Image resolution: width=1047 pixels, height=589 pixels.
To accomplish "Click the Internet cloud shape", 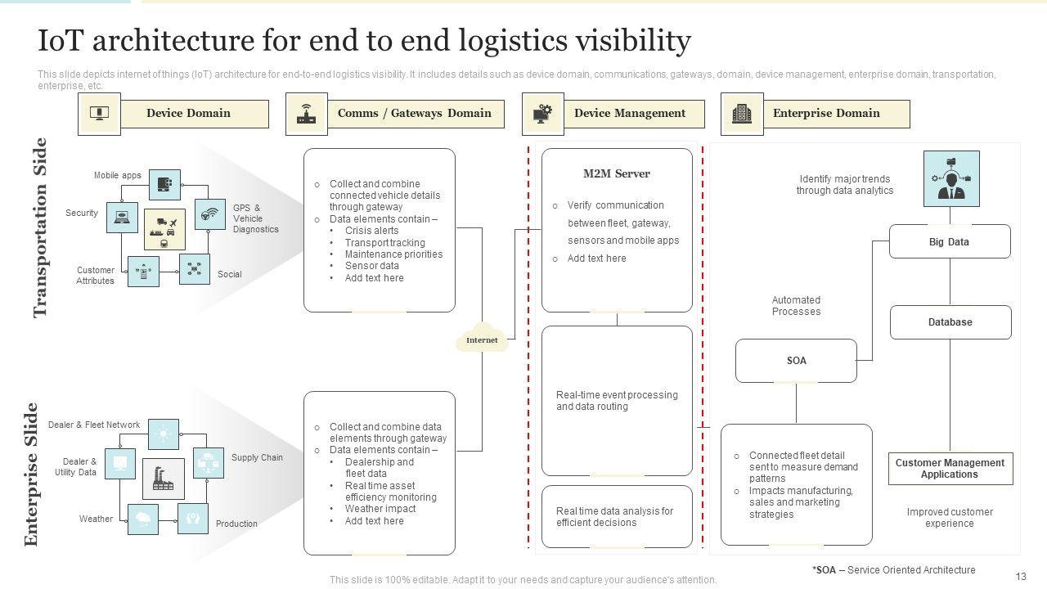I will [x=482, y=339].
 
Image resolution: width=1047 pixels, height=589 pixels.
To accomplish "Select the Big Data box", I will [x=949, y=242].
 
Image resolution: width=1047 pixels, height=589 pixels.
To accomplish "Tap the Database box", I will [x=950, y=322].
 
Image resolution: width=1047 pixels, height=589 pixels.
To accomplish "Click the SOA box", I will [x=796, y=361].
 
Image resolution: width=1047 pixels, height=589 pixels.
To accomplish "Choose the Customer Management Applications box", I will [x=950, y=469].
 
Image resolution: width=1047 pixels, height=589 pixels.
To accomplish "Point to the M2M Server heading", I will [x=617, y=173].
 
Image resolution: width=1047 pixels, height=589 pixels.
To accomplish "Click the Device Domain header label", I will [x=188, y=114].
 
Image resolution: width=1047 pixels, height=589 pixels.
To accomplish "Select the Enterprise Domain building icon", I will [x=741, y=114].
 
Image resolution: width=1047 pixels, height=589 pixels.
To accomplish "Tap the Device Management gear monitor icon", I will [x=542, y=114].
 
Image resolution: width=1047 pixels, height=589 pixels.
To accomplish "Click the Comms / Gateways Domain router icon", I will [x=306, y=114].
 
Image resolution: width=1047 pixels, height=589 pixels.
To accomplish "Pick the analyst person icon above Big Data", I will [x=950, y=179].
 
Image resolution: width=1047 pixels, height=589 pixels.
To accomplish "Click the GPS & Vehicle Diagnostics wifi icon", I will [x=210, y=215].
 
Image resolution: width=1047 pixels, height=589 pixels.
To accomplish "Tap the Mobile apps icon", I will [x=164, y=185].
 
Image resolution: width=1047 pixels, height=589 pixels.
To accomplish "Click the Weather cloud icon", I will [x=143, y=519].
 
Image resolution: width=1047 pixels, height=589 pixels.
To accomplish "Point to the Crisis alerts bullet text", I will [x=371, y=231].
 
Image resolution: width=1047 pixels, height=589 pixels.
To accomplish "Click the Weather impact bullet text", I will [x=380, y=509].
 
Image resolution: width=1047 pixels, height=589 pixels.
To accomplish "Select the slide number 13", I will [x=1021, y=577].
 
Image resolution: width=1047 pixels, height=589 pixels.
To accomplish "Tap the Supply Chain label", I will [x=257, y=458].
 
